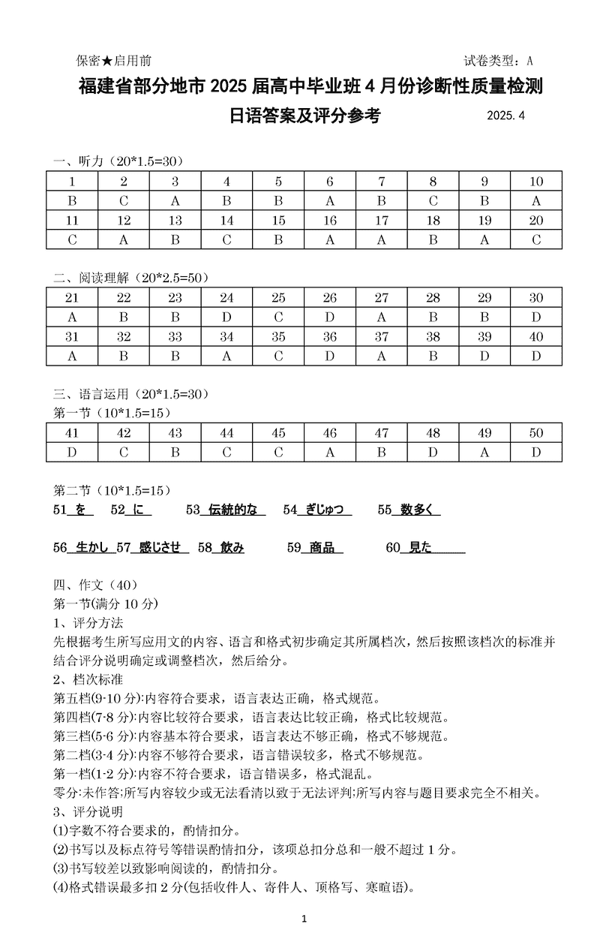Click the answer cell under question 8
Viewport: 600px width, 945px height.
[x=433, y=201]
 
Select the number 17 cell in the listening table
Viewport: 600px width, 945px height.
[x=381, y=221]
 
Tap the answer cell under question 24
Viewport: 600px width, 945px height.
[x=226, y=318]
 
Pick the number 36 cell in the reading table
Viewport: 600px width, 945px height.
[x=330, y=337]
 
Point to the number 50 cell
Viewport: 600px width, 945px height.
[x=536, y=433]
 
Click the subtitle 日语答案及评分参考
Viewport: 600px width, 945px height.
[x=305, y=116]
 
